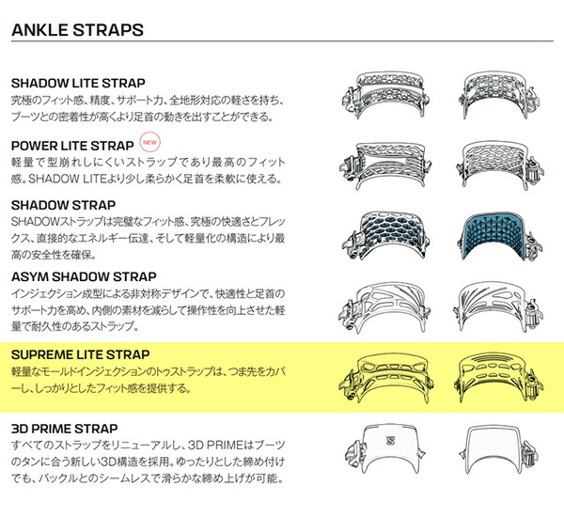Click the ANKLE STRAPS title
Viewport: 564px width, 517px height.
[76, 30]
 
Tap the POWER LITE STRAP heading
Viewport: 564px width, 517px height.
[71, 146]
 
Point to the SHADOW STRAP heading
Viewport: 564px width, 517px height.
[62, 204]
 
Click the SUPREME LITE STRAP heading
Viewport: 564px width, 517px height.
[80, 354]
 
